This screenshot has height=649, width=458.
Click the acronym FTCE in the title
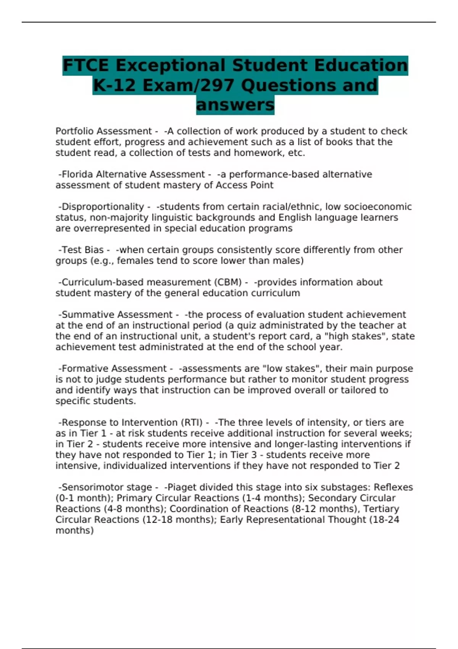(86, 65)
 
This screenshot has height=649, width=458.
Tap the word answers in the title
(235, 105)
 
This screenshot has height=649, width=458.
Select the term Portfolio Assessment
(104, 131)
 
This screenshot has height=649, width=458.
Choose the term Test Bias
(82, 250)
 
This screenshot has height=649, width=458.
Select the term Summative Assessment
(117, 315)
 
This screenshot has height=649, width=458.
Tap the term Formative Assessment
(114, 369)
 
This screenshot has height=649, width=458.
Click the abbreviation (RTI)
(192, 423)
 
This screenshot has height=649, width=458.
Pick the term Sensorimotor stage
(107, 488)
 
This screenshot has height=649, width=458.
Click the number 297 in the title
(217, 85)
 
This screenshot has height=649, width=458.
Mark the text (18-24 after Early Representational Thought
(384, 520)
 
